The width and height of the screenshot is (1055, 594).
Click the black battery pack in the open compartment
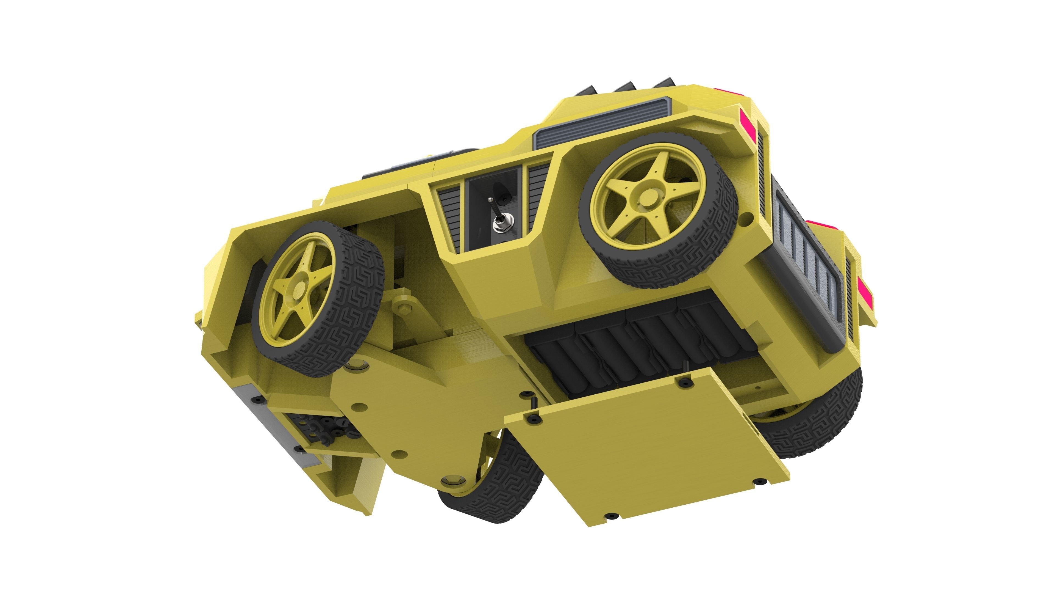[639, 344]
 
